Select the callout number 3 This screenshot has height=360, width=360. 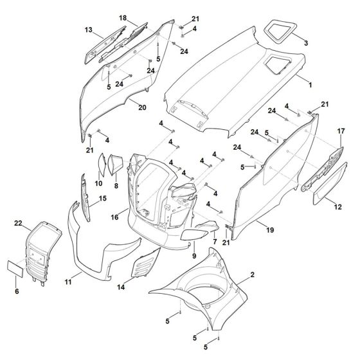(x=306, y=43)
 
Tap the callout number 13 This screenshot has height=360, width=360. (x=89, y=30)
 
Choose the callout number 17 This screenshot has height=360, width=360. (x=341, y=131)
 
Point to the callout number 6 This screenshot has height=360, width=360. (x=16, y=291)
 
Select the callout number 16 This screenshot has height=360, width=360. (x=114, y=218)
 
